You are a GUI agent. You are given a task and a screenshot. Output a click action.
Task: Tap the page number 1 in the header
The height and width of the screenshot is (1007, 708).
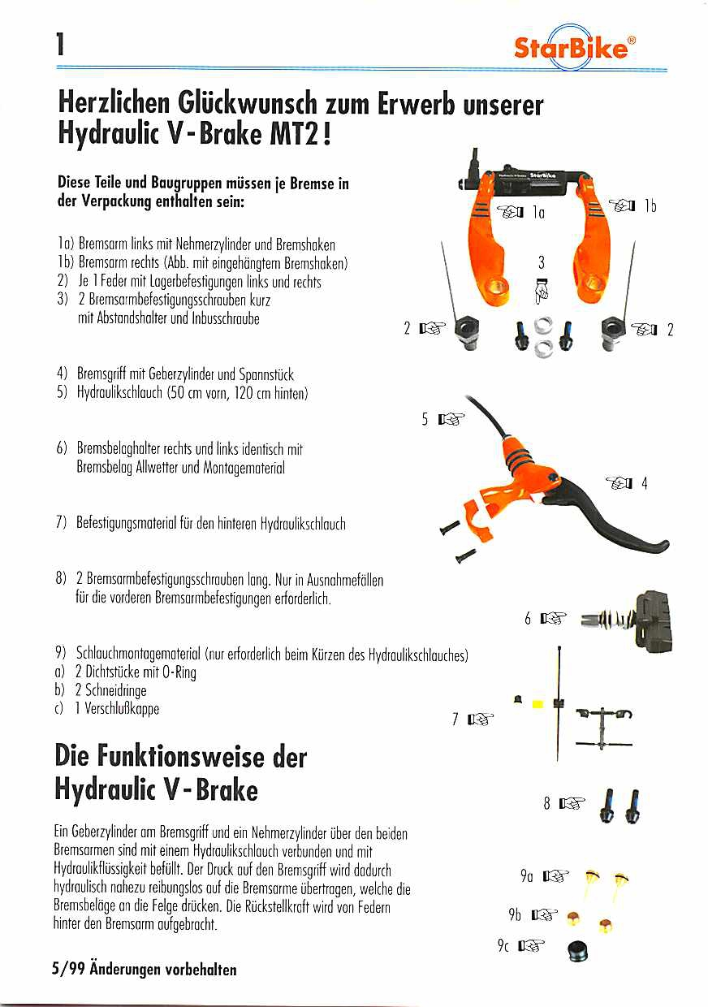tap(59, 45)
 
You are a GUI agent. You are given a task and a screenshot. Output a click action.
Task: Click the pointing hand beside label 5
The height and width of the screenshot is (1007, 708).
tap(451, 420)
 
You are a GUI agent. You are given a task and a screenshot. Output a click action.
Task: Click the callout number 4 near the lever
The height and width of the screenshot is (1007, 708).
tap(644, 484)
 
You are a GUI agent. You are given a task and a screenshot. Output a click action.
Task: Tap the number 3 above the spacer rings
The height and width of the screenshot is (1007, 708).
tap(542, 261)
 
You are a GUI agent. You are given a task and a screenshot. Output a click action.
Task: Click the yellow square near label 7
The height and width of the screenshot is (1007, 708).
tap(537, 703)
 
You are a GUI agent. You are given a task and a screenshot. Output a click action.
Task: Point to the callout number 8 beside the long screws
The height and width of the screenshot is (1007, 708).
tap(547, 804)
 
